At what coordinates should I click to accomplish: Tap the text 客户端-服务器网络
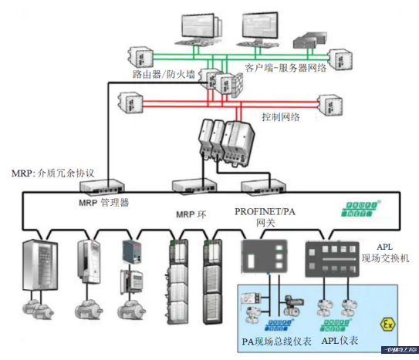point(286,68)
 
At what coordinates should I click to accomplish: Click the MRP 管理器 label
point(103,204)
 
